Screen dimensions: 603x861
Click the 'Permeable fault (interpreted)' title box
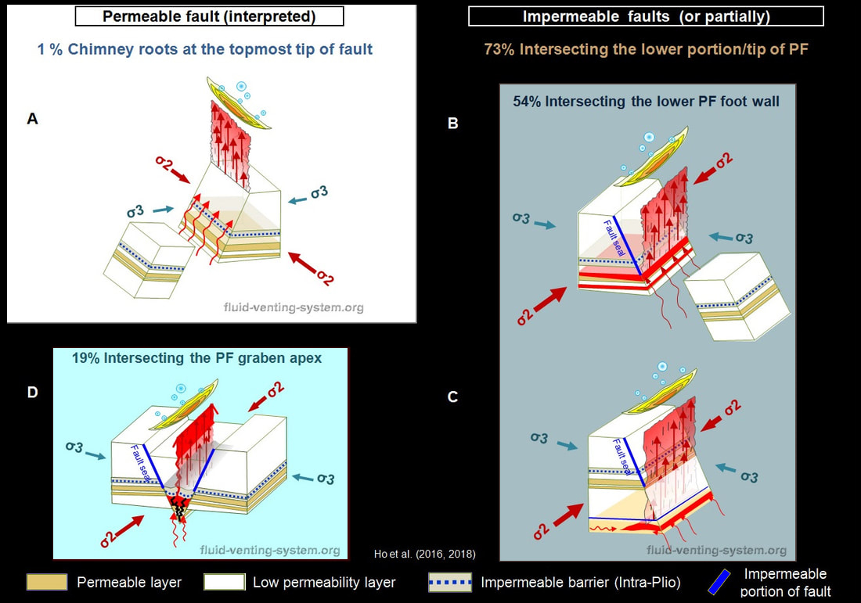[209, 16]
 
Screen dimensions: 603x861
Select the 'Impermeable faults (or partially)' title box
[646, 16]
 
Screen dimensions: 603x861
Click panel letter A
[32, 119]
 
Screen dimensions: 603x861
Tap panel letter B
[452, 123]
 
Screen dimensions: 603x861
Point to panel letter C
[452, 397]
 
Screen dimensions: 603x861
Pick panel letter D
[32, 392]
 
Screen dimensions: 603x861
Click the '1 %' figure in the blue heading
[50, 49]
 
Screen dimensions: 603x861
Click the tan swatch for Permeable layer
[47, 582]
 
